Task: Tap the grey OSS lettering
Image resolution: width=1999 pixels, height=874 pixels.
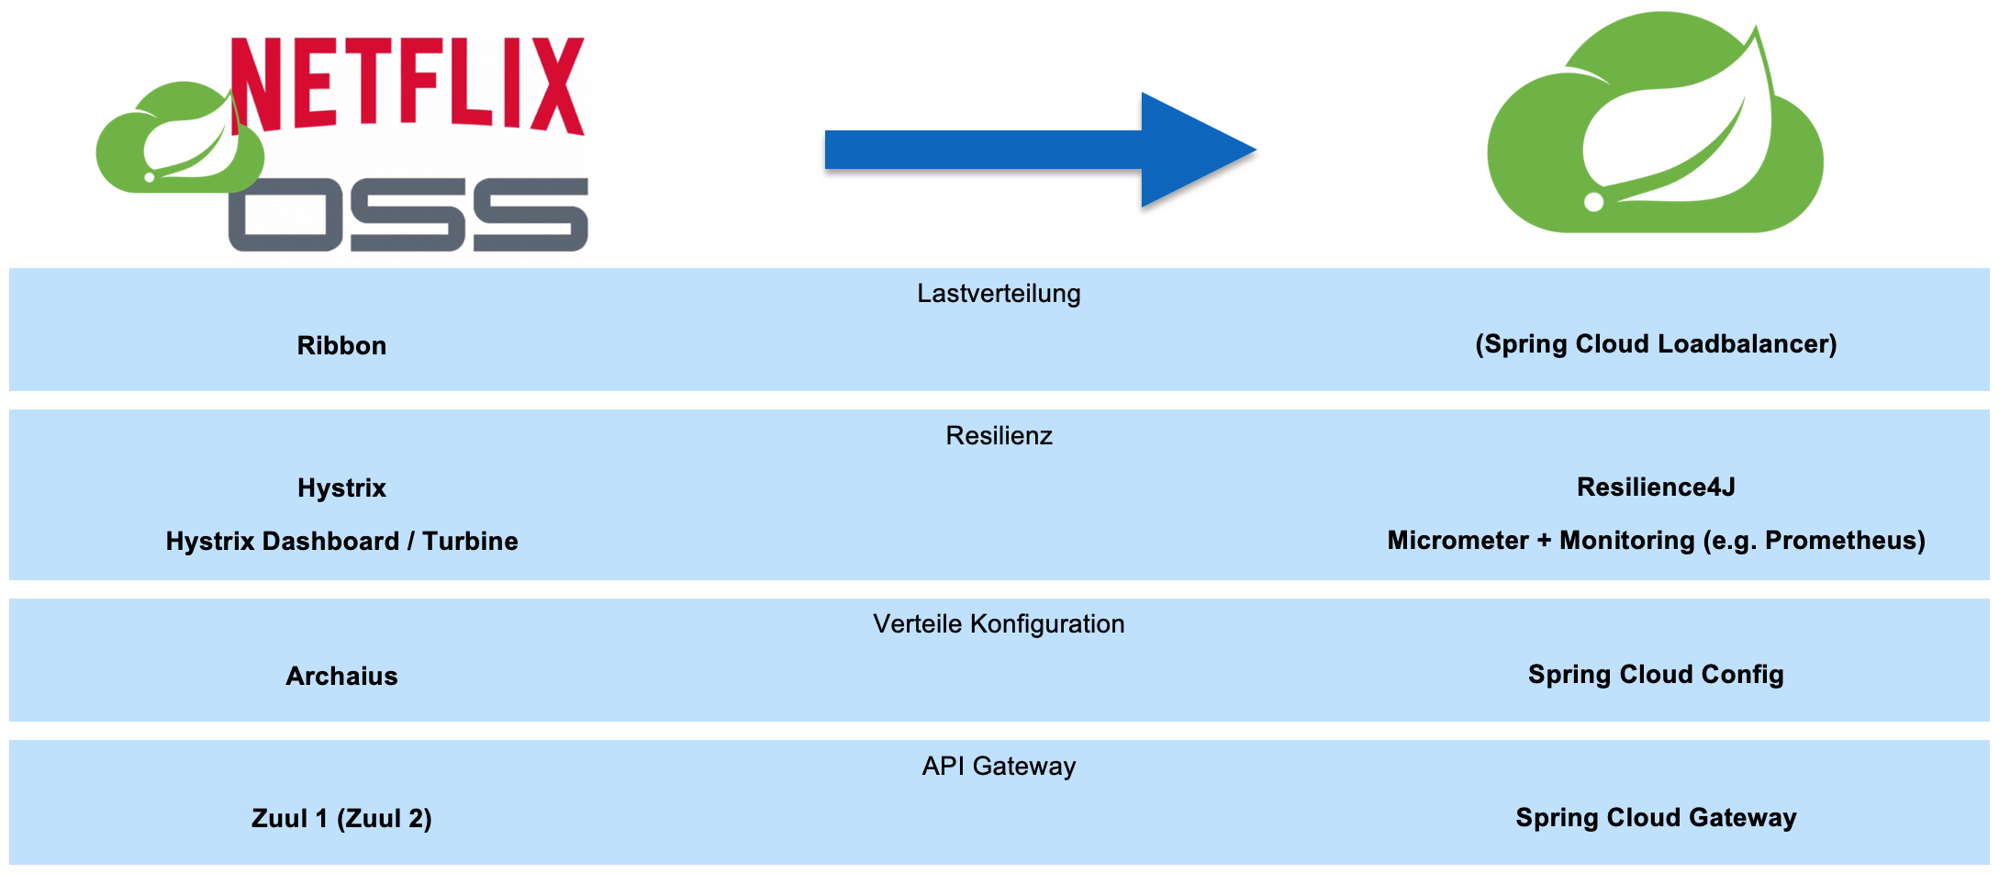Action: click(x=408, y=214)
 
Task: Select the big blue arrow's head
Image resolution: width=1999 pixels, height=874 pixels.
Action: click(x=1193, y=150)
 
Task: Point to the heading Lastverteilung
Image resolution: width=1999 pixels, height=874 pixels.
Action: click(x=999, y=294)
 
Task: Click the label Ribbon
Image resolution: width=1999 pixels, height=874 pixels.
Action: click(x=341, y=346)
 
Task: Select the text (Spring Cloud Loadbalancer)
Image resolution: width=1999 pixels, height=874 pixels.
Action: click(x=1656, y=344)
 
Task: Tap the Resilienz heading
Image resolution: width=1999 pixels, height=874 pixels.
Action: click(x=999, y=436)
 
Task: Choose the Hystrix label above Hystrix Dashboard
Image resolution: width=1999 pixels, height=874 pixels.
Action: click(x=341, y=488)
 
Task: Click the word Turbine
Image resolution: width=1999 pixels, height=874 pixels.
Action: click(x=470, y=542)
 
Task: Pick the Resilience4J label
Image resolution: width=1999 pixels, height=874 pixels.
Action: click(x=1656, y=487)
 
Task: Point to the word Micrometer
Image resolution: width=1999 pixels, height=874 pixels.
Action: click(x=1457, y=541)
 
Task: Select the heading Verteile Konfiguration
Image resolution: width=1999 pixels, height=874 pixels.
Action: click(x=999, y=624)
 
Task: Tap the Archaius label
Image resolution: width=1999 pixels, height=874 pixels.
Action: click(x=341, y=677)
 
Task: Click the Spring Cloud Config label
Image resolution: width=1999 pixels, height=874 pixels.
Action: click(x=1656, y=675)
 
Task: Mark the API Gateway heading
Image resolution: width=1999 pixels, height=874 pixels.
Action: click(x=999, y=767)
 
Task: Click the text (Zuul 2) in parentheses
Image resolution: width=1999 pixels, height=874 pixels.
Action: click(x=385, y=819)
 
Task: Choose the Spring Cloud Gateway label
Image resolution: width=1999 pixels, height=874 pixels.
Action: click(x=1656, y=818)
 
